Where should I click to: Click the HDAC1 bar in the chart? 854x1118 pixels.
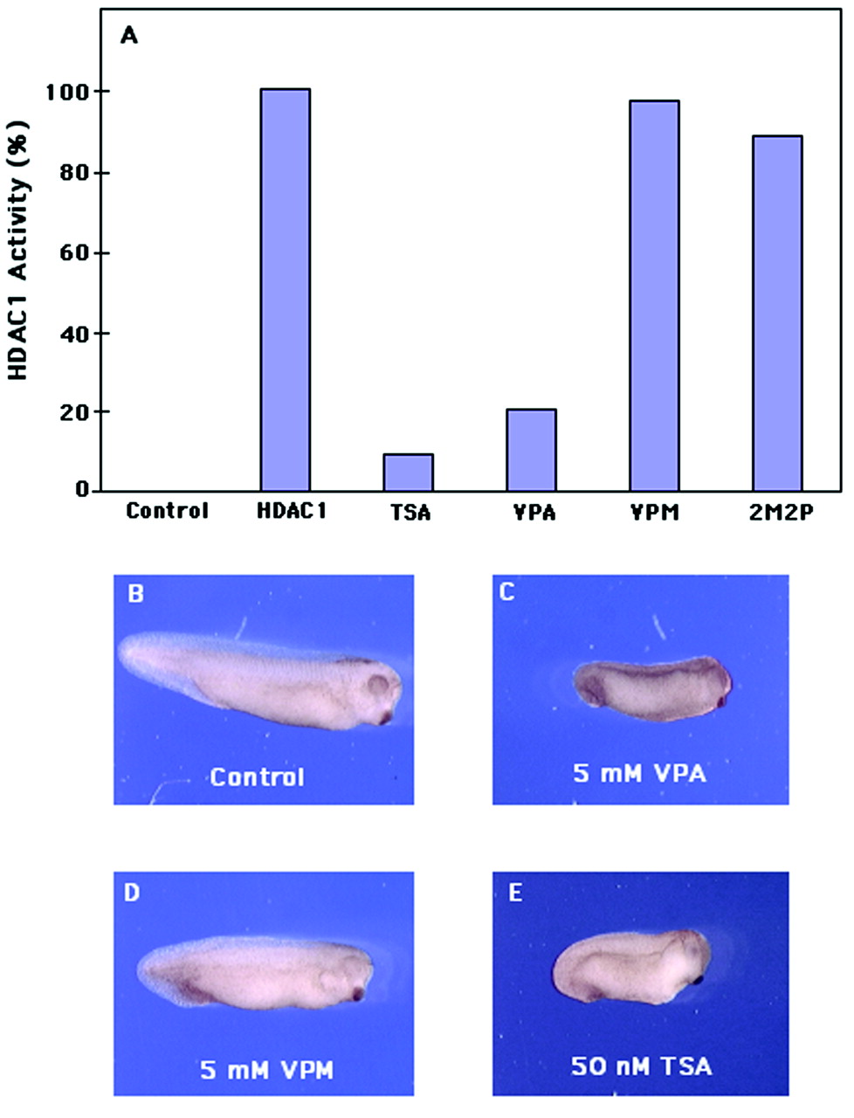[285, 290]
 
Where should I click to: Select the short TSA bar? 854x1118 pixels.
[408, 473]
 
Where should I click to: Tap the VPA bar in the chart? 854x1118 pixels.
[531, 450]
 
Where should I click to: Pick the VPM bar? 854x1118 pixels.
[654, 296]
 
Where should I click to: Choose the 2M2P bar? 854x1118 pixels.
[776, 314]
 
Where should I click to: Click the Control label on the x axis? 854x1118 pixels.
[167, 511]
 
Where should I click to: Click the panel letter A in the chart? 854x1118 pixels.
[129, 36]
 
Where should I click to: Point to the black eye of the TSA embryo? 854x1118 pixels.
[699, 980]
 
